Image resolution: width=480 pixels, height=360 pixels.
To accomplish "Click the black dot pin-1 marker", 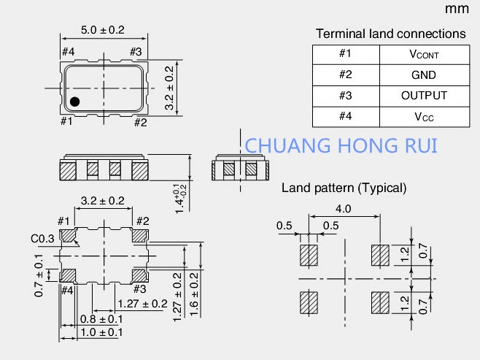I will coord(74,101).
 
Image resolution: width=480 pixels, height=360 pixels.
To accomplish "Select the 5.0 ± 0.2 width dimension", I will coord(103,30).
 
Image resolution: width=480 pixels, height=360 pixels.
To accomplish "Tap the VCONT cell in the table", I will coord(423,54).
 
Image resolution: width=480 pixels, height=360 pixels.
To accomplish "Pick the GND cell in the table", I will coord(423,74).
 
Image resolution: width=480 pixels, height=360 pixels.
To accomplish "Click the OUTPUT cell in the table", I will coord(423,95).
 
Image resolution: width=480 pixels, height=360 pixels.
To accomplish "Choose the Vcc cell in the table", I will coord(423,116).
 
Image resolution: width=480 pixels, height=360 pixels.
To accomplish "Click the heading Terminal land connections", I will coord(390,34).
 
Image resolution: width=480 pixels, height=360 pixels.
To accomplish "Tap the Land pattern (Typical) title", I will coord(344,188).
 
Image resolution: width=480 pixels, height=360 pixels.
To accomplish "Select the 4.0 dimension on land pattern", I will coord(344,208).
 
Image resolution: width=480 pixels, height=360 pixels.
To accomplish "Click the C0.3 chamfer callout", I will coord(41,238).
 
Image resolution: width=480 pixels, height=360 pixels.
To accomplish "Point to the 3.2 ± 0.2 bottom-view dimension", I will coord(102,201).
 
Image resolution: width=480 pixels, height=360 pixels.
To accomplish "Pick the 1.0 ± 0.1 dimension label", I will coord(101,332).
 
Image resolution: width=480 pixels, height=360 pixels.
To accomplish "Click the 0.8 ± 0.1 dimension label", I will coord(101,319).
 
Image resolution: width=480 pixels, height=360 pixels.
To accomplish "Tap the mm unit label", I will coord(457,9).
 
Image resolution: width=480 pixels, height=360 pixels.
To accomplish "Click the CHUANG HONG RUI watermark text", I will coord(341,145).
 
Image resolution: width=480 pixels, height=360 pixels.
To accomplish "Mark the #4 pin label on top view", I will coord(68,52).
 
